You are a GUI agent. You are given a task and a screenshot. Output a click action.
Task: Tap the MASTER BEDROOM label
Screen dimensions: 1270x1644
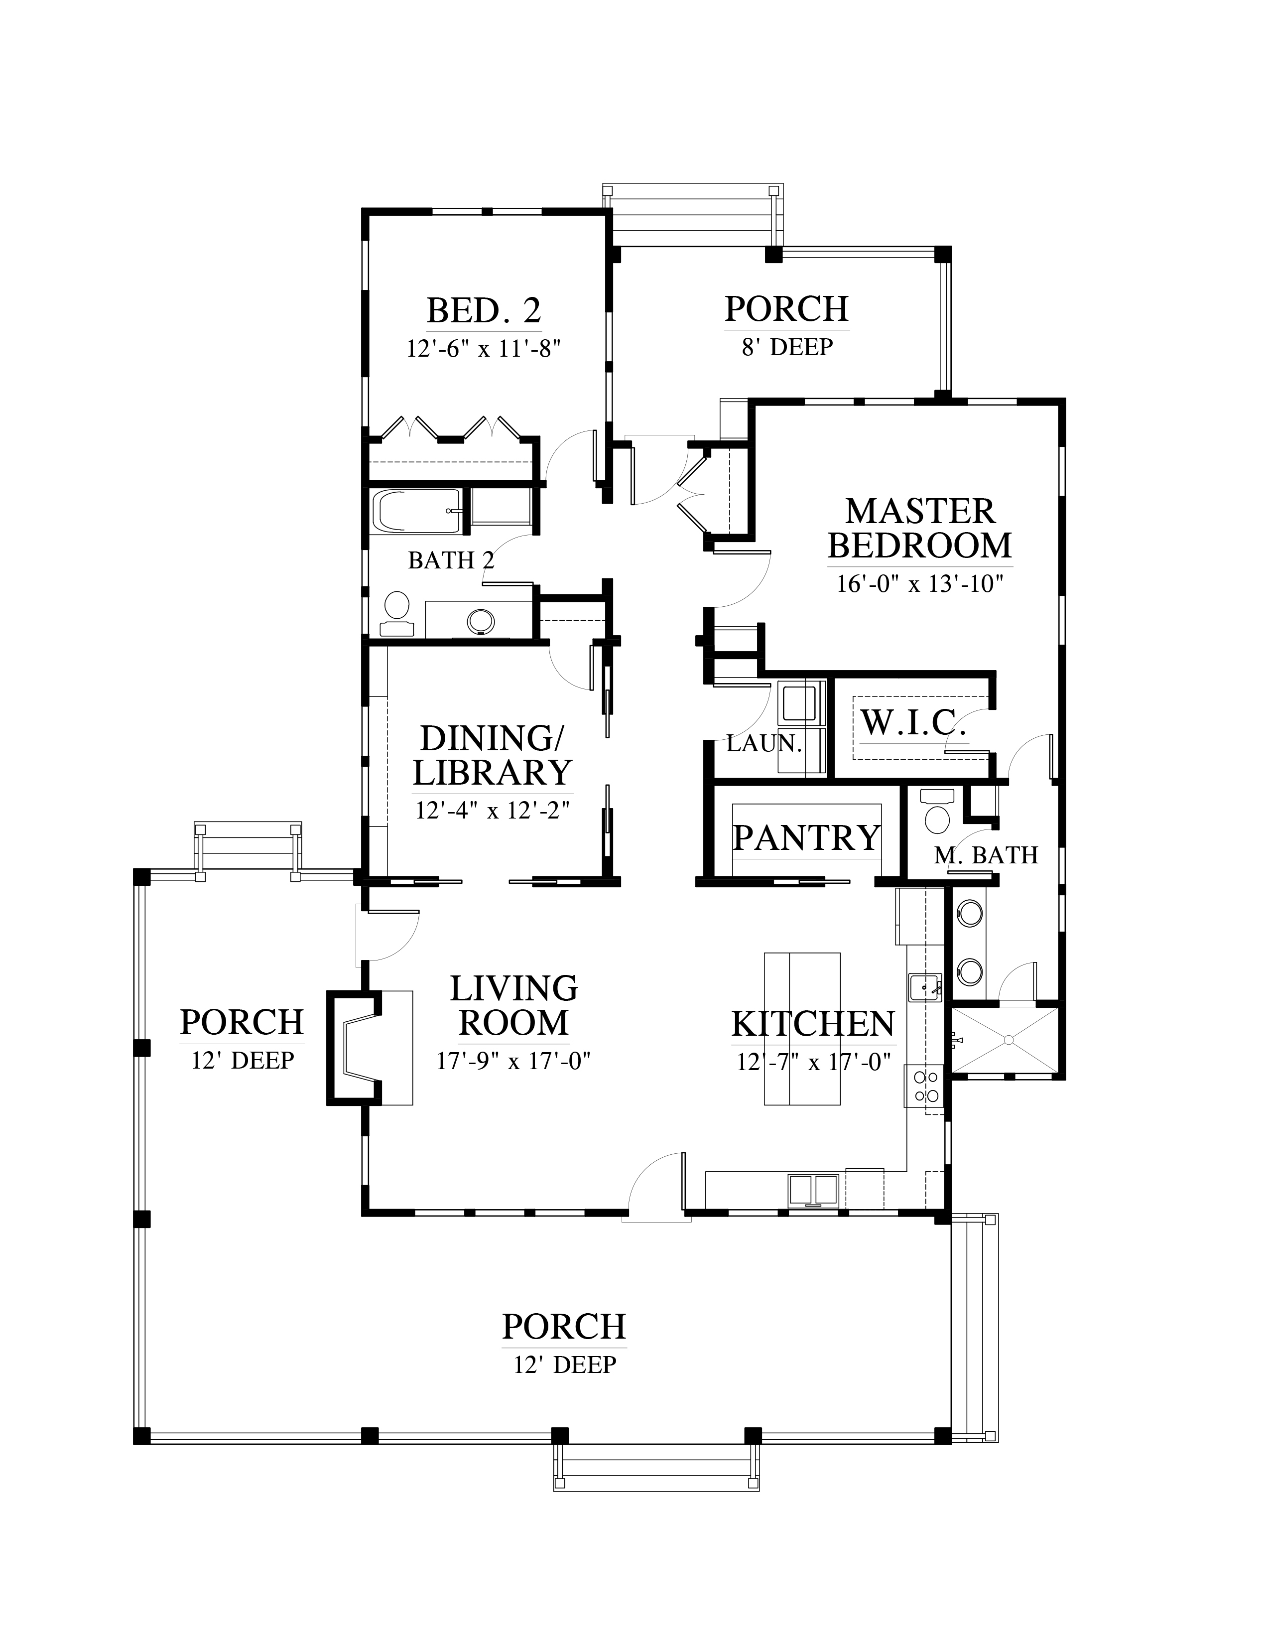(x=920, y=529)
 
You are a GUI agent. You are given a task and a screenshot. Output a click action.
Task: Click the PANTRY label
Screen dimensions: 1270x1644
(x=806, y=837)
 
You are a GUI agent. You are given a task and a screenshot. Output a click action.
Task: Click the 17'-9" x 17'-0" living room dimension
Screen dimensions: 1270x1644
(x=514, y=1061)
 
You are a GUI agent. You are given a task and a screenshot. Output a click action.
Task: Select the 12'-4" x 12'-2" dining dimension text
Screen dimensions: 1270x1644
(x=493, y=810)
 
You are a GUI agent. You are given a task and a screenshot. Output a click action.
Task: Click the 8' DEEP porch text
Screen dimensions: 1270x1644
(x=787, y=347)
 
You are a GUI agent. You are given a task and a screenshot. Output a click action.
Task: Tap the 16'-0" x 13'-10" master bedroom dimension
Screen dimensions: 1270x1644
(x=921, y=584)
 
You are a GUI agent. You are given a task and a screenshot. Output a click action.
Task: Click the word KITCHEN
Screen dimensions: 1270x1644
(x=813, y=1024)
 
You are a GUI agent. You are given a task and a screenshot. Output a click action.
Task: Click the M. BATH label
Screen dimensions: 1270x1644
(x=986, y=855)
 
